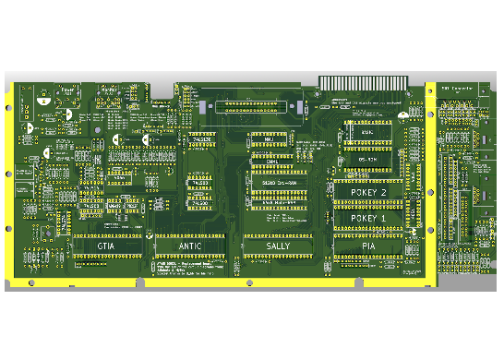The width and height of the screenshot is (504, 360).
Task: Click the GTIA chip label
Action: [x=106, y=247]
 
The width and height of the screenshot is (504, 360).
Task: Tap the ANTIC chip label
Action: [x=189, y=247]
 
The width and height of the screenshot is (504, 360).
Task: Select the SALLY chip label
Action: [x=278, y=247]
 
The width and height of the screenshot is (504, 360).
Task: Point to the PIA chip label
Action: [x=368, y=247]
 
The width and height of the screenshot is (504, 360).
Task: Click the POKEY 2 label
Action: [x=369, y=192]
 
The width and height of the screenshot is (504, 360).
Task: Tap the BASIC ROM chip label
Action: [x=366, y=133]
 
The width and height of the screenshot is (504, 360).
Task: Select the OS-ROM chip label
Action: [x=366, y=160]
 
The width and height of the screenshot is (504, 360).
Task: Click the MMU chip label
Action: [x=269, y=139]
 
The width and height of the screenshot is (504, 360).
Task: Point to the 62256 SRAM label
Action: [x=274, y=183]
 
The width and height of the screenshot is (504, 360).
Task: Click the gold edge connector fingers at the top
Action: [x=361, y=82]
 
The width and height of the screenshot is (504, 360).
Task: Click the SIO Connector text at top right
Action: [x=456, y=88]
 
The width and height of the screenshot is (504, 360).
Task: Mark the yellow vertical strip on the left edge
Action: [x=9, y=185]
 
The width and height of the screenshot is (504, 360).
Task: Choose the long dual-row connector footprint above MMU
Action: [x=258, y=107]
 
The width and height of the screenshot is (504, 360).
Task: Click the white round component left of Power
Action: [x=42, y=94]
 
